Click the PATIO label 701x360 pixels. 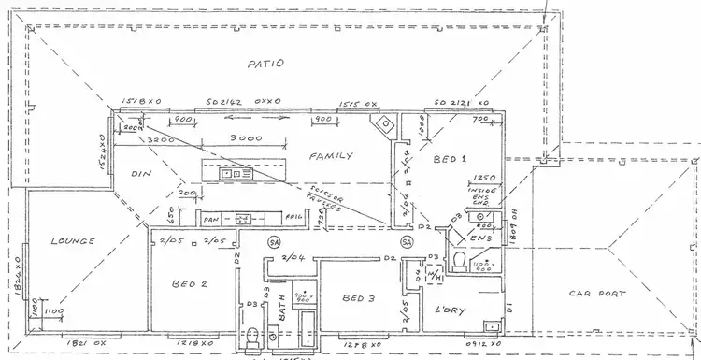pyautogui.click(x=265, y=65)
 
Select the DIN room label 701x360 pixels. pyautogui.click(x=140, y=173)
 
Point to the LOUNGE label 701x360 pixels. pyautogui.click(x=75, y=240)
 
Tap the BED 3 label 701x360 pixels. pyautogui.click(x=359, y=297)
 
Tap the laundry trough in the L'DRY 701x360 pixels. pyautogui.click(x=491, y=326)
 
